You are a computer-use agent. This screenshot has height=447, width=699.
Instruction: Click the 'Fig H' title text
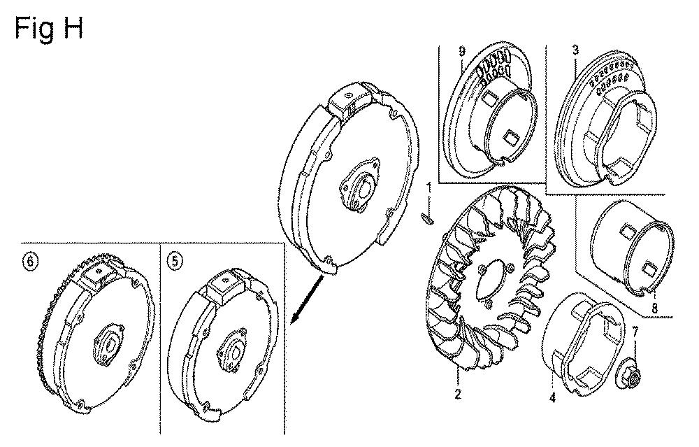49,29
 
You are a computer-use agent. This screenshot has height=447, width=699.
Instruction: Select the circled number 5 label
175,261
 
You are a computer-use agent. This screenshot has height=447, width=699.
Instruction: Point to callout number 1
429,187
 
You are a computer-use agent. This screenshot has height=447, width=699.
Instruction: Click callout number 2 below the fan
458,394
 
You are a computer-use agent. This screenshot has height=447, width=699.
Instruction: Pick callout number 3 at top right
575,50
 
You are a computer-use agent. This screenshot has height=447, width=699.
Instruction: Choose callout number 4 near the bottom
552,397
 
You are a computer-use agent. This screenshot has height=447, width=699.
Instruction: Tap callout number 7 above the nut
635,332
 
